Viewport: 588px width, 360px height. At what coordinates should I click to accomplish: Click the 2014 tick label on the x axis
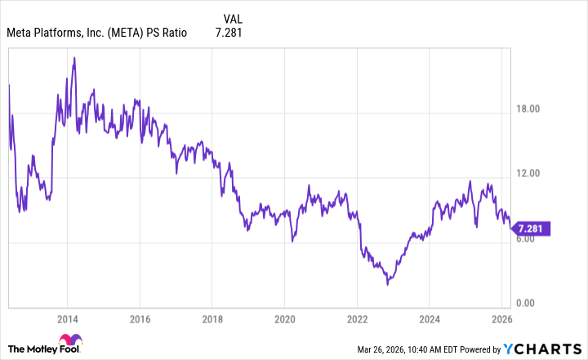(x=68, y=319)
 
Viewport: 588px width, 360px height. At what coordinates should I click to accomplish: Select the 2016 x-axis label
(x=140, y=319)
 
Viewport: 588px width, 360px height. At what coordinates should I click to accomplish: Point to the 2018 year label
(x=212, y=319)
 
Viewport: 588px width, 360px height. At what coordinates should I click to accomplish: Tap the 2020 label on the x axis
(x=284, y=319)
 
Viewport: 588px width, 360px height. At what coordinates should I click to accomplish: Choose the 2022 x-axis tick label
(x=357, y=319)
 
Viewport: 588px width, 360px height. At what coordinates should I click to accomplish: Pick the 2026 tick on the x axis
(x=501, y=319)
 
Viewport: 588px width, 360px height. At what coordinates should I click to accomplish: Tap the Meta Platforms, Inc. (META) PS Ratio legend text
(x=96, y=33)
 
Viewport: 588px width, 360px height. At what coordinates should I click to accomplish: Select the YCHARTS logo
(x=545, y=349)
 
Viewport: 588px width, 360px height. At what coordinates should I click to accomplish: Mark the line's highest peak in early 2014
(x=74, y=58)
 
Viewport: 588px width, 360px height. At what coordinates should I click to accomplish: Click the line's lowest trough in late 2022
(x=388, y=283)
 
